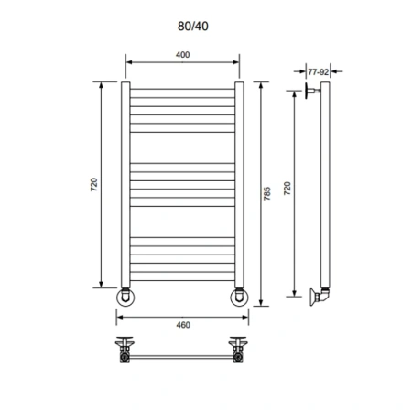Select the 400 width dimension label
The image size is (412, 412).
tap(182, 56)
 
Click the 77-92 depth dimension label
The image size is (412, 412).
tap(318, 70)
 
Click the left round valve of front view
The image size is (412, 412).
tap(126, 298)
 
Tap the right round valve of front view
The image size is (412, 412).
tap(239, 298)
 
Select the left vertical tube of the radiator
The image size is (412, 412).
tap(126, 183)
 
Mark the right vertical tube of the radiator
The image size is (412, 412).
tap(239, 183)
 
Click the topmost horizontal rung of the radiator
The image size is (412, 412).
tap(182, 91)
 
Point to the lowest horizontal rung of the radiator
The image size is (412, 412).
tap(182, 280)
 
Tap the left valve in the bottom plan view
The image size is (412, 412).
tap(125, 348)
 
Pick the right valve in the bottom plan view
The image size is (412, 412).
tap(239, 348)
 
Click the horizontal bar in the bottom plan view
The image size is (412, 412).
tap(182, 352)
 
